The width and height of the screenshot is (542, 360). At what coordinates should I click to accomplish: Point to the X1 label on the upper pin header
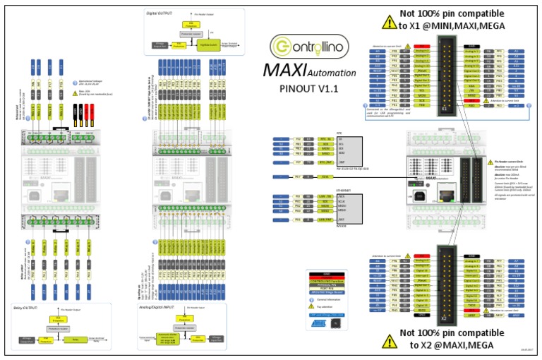click(445, 110)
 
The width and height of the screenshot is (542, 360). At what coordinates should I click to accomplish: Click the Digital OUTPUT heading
click(160, 12)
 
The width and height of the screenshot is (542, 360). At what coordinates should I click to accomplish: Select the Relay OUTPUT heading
click(34, 308)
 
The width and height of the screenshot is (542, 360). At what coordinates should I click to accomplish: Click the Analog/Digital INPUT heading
click(162, 308)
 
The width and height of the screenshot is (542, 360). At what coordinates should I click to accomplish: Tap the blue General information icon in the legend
click(311, 301)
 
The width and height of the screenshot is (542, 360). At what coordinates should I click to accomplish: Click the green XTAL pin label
click(325, 176)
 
